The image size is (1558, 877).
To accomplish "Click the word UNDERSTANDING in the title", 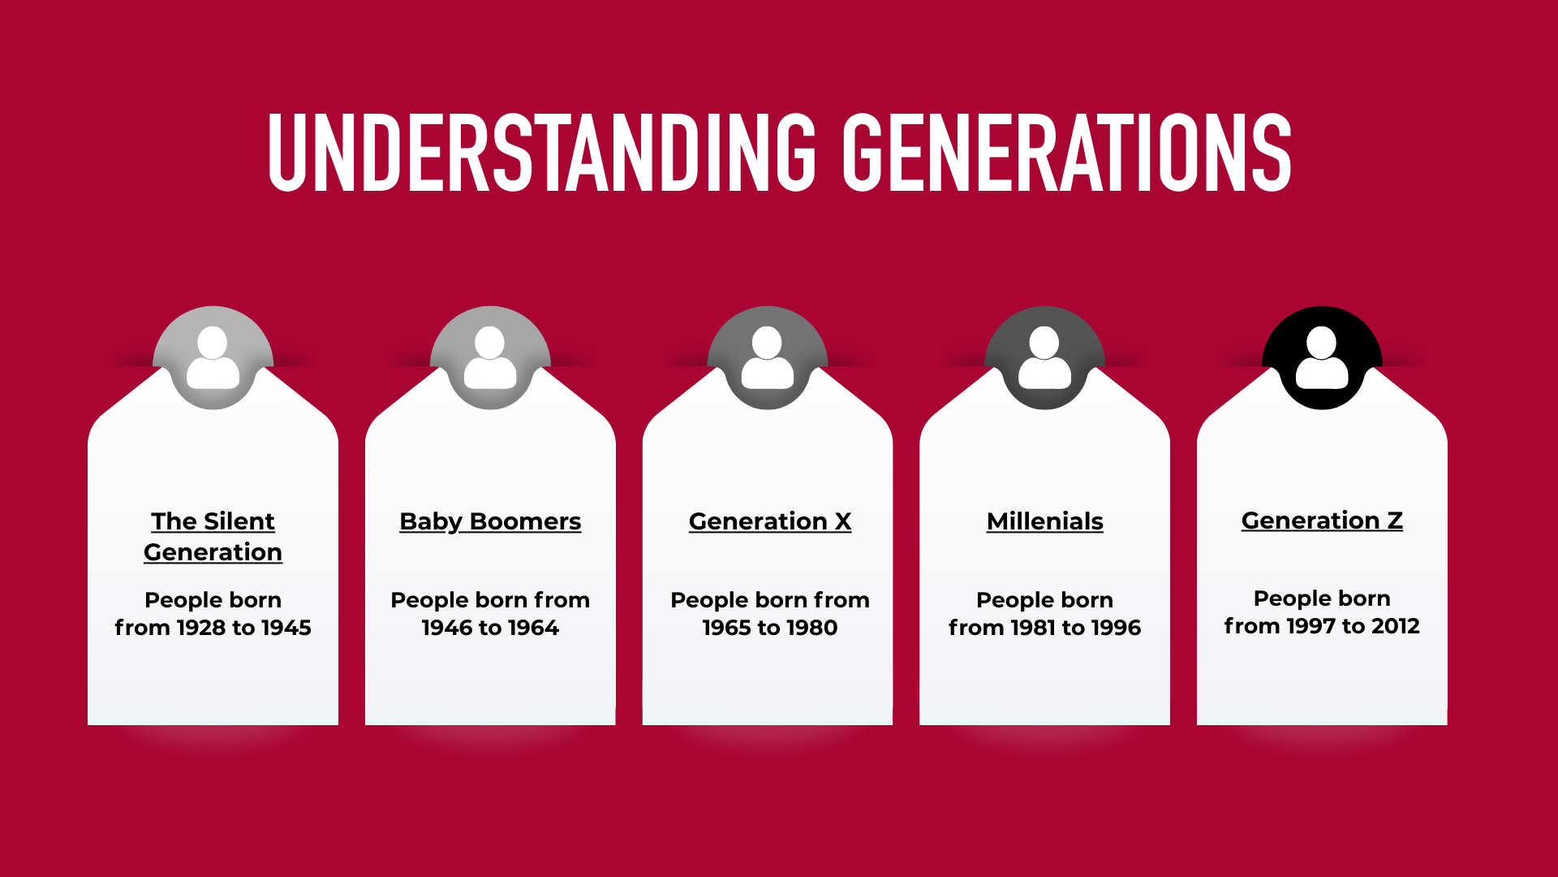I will (542, 153).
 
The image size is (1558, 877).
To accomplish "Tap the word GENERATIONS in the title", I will (1066, 153).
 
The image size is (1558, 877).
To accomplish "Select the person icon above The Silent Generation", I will (213, 358).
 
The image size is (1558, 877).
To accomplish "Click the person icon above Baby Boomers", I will (490, 358).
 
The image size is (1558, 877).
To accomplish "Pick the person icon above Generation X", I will (768, 358).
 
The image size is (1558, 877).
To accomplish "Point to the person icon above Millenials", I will (1044, 358).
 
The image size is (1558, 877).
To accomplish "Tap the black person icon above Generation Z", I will (1322, 358).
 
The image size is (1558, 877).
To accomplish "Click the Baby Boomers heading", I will (490, 521).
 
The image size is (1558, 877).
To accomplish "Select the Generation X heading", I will (770, 521).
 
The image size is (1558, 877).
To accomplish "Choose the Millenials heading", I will (1044, 521).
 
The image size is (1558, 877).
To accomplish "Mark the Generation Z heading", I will (1322, 521).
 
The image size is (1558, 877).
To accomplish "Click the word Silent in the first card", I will (239, 521).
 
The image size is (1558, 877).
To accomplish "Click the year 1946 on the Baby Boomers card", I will (447, 628).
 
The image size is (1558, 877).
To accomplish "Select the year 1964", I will (533, 628).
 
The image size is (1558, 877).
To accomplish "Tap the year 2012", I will (1395, 626).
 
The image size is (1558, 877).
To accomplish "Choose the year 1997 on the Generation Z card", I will (1310, 626).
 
